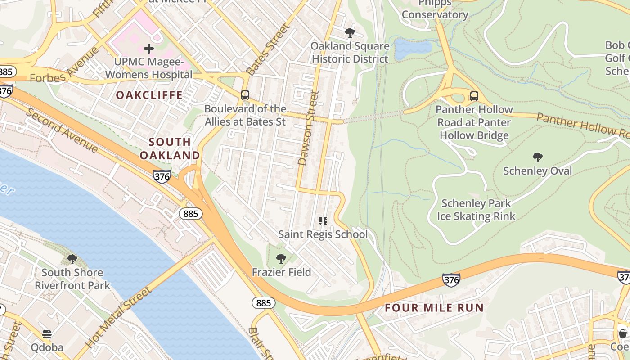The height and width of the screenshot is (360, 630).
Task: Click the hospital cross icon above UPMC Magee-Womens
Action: coord(149,49)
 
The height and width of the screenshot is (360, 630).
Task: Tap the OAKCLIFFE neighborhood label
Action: coord(149,95)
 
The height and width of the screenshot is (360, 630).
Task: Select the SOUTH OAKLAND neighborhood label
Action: coord(170,148)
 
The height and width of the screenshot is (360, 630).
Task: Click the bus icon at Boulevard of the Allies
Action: coord(245,95)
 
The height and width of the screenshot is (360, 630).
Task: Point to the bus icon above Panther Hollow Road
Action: coord(474,96)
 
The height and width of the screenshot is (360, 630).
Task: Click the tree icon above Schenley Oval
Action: coord(537,157)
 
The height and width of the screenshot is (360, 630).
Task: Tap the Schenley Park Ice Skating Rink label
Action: coord(476,210)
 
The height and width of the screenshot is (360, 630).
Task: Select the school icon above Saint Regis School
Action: coord(323,220)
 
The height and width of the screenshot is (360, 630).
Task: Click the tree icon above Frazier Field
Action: coord(281,258)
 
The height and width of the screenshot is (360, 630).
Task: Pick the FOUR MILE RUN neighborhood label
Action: coord(434,308)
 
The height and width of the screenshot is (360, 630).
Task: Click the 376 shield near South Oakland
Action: coord(162,176)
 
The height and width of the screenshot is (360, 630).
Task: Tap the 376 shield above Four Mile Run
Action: coord(451,280)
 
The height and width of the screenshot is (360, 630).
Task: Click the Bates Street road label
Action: coord(269,49)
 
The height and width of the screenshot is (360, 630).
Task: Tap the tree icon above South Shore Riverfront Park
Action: coord(72,259)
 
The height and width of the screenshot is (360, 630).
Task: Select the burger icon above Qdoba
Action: coord(47,334)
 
